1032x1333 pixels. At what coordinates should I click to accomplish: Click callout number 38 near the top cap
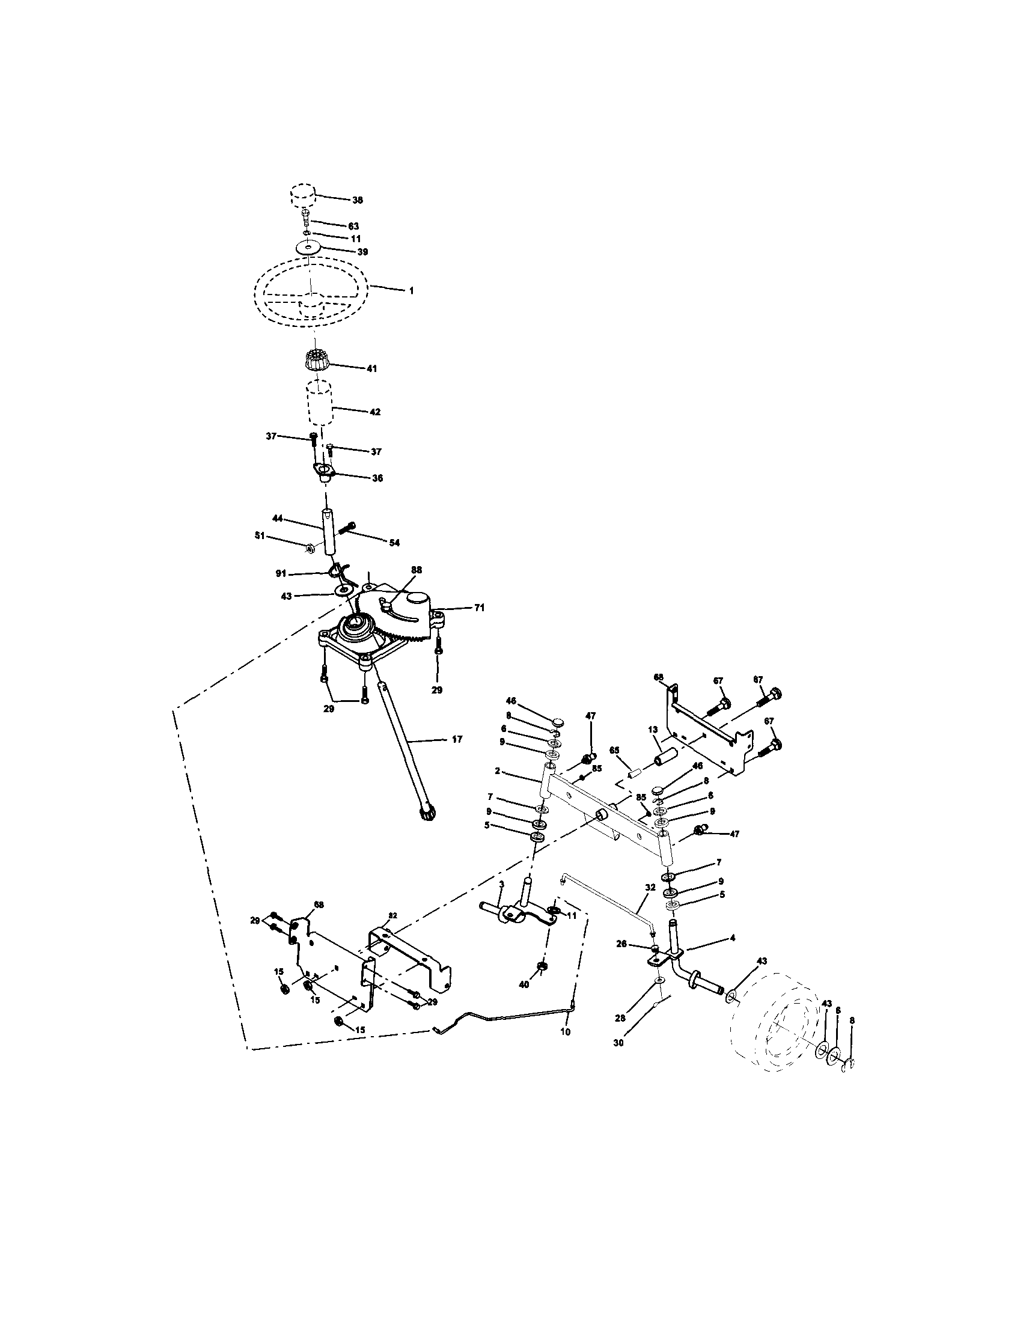(358, 200)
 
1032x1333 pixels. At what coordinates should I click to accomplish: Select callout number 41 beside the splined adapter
(371, 368)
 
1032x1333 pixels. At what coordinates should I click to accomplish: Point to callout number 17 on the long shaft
(457, 739)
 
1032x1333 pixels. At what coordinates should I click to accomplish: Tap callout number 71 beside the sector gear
(480, 608)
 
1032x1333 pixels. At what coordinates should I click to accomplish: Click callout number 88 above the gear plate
(415, 569)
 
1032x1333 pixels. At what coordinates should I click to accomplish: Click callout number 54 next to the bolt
(395, 543)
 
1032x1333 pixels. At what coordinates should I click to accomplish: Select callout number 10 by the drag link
(565, 1031)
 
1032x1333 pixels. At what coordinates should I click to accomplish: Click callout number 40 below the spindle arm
(524, 984)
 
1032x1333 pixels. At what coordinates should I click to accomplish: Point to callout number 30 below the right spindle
(618, 1043)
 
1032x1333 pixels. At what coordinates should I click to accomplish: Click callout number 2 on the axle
(498, 772)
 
